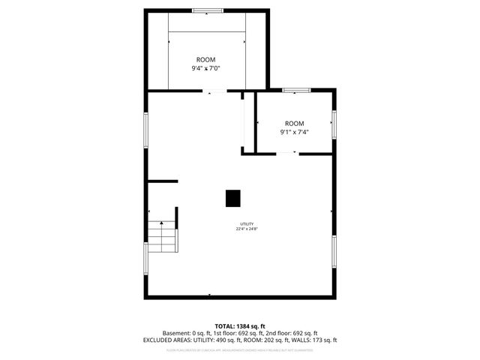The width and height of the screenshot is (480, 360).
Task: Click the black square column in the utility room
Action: pyautogui.click(x=233, y=197)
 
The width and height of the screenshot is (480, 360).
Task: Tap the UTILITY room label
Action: pyautogui.click(x=247, y=224)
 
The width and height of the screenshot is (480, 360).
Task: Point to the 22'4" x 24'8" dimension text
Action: pyautogui.click(x=247, y=229)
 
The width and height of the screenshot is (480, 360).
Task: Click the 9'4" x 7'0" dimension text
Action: pyautogui.click(x=206, y=68)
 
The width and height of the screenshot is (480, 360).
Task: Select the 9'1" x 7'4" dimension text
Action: pyautogui.click(x=295, y=132)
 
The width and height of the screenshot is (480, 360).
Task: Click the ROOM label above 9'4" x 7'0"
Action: pyautogui.click(x=206, y=59)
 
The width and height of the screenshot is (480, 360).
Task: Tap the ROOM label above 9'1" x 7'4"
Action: pyautogui.click(x=295, y=123)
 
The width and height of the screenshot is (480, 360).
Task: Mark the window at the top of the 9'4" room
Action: pyautogui.click(x=208, y=10)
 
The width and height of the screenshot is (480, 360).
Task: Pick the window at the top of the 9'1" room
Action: pyautogui.click(x=297, y=90)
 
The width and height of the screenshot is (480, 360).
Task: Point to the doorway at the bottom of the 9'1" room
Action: pyautogui.click(x=286, y=154)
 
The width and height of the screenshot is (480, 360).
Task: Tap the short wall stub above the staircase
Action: pyautogui.click(x=163, y=181)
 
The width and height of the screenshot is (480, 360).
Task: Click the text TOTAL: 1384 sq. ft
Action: pyautogui.click(x=240, y=326)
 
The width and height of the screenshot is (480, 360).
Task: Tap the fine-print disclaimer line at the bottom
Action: pyautogui.click(x=240, y=349)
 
